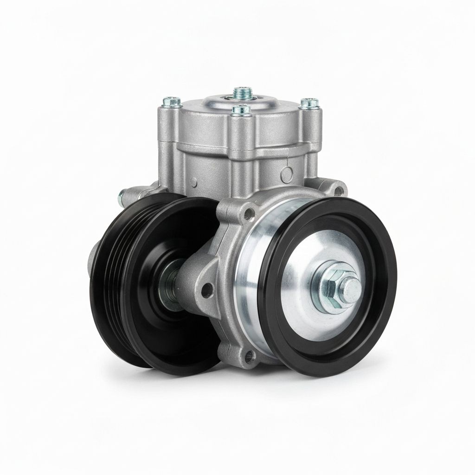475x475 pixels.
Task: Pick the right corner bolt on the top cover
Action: pos(309,103)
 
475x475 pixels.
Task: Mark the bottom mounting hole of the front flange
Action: pos(250,356)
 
